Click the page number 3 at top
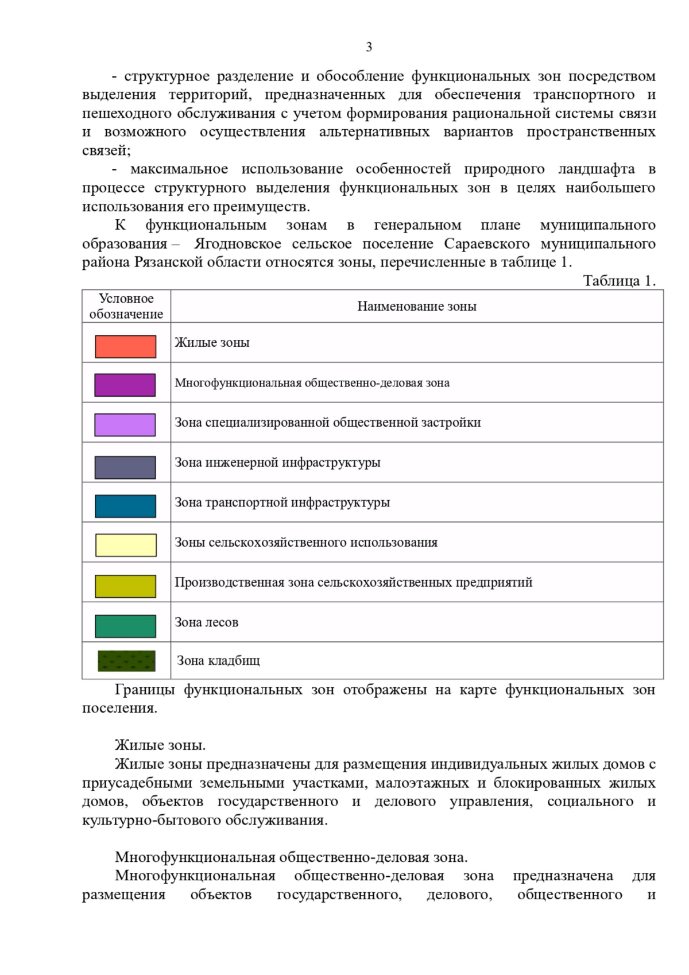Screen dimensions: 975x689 click(x=369, y=47)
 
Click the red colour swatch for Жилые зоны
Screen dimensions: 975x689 click(x=125, y=346)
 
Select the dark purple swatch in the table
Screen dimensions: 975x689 click(x=125, y=385)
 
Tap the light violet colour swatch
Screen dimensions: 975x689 click(x=125, y=425)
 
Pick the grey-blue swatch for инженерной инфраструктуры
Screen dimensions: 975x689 click(x=125, y=467)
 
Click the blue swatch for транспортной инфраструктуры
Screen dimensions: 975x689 click(x=125, y=506)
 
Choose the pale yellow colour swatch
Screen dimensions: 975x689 click(x=125, y=545)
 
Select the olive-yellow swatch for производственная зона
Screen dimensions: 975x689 click(x=125, y=586)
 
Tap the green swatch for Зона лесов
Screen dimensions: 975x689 click(x=125, y=626)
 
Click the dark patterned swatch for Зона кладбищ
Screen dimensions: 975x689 click(x=126, y=661)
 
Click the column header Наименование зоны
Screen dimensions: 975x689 click(x=417, y=307)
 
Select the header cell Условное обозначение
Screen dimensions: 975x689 click(x=126, y=306)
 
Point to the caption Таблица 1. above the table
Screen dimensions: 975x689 click(x=619, y=281)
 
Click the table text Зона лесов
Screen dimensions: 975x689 click(x=207, y=622)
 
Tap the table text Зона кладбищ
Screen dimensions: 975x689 click(x=219, y=661)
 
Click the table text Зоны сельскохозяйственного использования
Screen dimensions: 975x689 click(x=306, y=543)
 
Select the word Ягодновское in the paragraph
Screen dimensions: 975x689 click(x=238, y=244)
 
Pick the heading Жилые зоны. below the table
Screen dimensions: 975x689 click(x=160, y=745)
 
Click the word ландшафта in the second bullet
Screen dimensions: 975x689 click(x=597, y=169)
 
